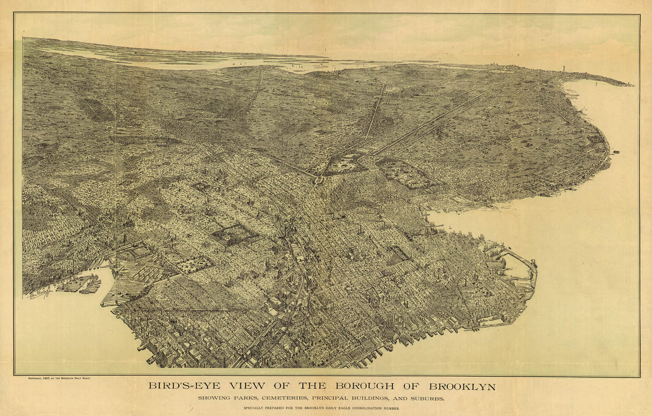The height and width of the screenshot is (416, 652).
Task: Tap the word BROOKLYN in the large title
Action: tap(463, 386)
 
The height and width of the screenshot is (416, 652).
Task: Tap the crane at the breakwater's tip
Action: tap(534, 264)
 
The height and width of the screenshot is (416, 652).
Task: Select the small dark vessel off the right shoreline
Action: tap(616, 152)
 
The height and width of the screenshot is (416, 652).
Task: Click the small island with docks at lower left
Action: tap(79, 284)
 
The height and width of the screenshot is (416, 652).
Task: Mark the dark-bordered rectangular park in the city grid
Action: tap(235, 234)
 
